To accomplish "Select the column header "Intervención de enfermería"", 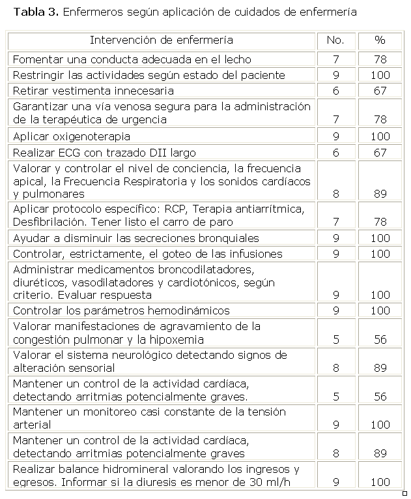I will point(161,40).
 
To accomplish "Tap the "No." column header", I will point(335,40).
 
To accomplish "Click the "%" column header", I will point(380,40).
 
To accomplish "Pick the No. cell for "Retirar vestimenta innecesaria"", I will point(335,91).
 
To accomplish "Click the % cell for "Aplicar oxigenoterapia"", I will point(380,136).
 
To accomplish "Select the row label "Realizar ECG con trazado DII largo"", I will point(104,152).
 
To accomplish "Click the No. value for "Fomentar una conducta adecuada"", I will point(335,59).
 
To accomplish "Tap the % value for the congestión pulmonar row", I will point(380,340).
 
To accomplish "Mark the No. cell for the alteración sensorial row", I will point(335,368).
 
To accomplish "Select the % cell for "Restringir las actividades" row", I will point(380,75).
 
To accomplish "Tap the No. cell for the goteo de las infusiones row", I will point(335,254).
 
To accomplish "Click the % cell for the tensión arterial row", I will point(380,425).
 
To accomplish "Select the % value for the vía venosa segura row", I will point(380,119).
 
